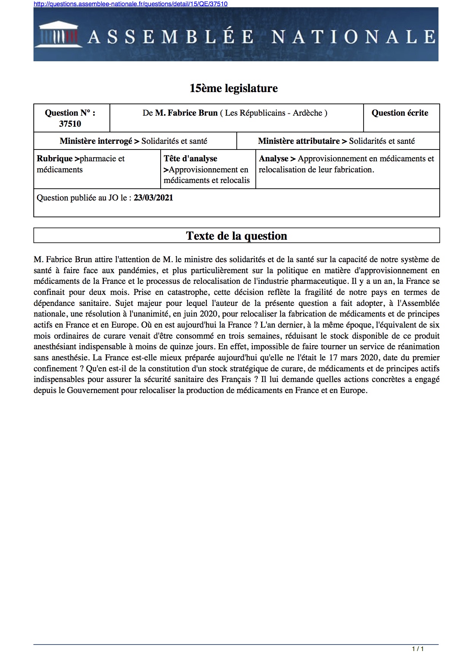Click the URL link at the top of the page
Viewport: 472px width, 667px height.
(x=131, y=4)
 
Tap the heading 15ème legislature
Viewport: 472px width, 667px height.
(x=233, y=88)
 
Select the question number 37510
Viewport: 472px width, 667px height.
(x=70, y=124)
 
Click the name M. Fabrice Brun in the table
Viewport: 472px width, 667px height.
(x=186, y=113)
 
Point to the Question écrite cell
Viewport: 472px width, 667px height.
(x=400, y=113)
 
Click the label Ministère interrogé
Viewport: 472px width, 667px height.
(x=96, y=141)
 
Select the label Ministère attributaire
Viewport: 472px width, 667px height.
(x=299, y=141)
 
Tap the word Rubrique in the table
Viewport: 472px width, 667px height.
(x=54, y=159)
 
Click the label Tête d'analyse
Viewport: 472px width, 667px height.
(x=190, y=159)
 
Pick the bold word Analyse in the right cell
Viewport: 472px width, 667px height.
(x=274, y=159)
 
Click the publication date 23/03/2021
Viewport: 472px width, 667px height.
(x=153, y=198)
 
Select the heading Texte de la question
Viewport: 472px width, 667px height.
(x=236, y=236)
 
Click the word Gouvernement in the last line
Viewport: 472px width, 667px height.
(x=93, y=390)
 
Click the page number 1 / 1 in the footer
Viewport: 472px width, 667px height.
(x=418, y=649)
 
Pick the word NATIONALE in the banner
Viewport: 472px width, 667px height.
(x=354, y=37)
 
